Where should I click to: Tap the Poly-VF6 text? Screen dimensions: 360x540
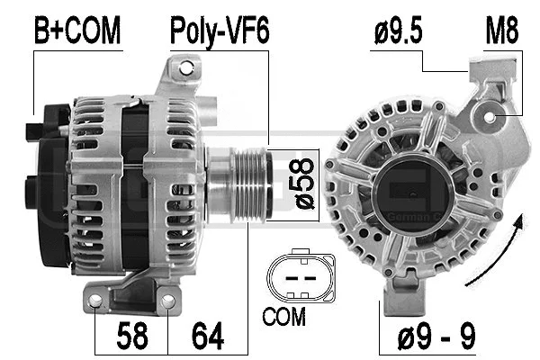click(220, 33)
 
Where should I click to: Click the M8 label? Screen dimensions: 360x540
click(502, 33)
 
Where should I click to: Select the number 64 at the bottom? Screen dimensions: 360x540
click(208, 337)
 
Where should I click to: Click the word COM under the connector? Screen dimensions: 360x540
click(284, 317)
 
